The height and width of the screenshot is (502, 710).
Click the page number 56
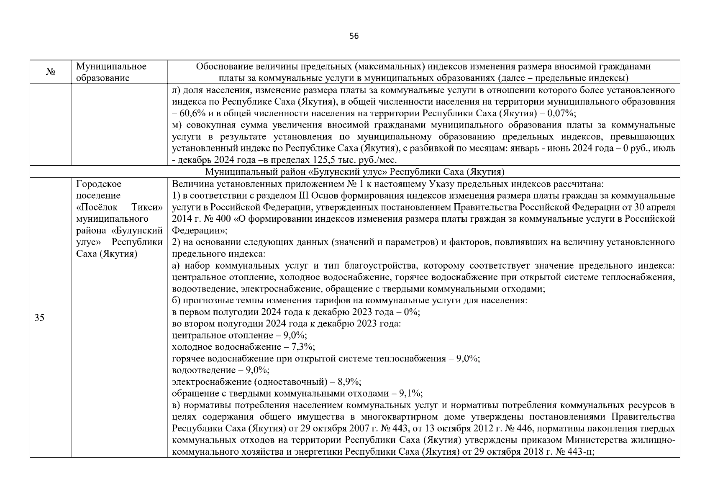point(354,36)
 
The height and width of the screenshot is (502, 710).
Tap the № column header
point(51,72)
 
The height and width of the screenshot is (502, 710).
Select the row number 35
point(39,318)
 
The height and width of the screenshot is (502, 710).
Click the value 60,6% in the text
point(192,113)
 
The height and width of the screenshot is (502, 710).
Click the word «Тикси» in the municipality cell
point(146,207)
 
